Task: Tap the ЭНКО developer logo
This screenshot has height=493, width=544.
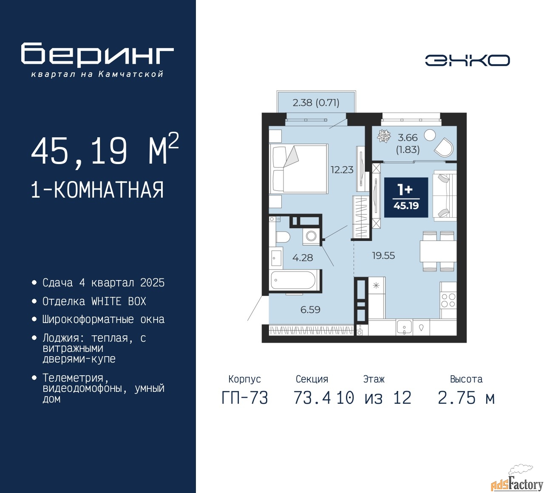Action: (x=467, y=60)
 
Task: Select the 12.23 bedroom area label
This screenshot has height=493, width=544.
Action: (x=342, y=170)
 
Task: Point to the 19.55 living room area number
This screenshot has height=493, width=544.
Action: (x=383, y=255)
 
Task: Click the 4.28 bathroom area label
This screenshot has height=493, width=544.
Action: (x=303, y=258)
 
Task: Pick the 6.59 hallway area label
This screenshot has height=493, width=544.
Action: (x=310, y=310)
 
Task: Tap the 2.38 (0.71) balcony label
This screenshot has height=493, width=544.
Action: (x=316, y=103)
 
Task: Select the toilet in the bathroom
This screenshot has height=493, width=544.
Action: (x=282, y=237)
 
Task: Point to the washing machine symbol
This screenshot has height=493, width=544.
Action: (x=311, y=236)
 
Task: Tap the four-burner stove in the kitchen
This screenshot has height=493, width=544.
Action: (x=448, y=300)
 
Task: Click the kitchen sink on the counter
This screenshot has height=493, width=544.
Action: (x=404, y=327)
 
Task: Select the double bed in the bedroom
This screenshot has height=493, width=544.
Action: (x=298, y=168)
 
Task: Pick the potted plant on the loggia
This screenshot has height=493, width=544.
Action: (x=384, y=136)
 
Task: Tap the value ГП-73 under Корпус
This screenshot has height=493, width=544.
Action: (x=245, y=398)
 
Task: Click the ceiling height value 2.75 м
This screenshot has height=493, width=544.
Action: (x=466, y=398)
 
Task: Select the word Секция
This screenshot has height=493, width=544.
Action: (x=312, y=379)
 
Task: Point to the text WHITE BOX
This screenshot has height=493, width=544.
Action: (x=119, y=301)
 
